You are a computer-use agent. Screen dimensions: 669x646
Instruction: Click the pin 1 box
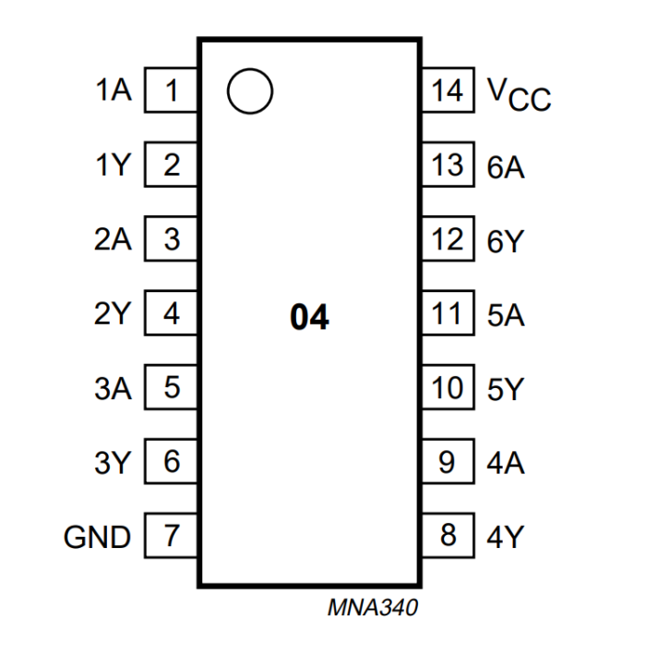tap(172, 91)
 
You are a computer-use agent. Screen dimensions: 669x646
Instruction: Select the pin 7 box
tap(172, 536)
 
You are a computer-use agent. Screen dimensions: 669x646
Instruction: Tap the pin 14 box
tap(448, 91)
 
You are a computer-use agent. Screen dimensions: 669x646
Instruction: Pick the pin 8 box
tap(448, 536)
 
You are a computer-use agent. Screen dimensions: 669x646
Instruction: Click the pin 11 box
tap(448, 314)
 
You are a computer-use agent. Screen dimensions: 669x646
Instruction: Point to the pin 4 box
tap(172, 314)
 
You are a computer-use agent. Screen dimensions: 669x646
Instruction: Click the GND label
tap(98, 537)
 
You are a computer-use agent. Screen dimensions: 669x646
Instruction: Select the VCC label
tap(518, 93)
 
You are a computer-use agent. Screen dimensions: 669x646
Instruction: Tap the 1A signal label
tap(114, 91)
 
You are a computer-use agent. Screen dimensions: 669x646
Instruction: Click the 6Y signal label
tap(506, 240)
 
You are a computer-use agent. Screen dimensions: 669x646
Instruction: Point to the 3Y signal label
tap(114, 462)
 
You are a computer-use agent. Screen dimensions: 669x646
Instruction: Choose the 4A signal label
tap(506, 462)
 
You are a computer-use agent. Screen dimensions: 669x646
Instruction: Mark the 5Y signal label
tap(506, 388)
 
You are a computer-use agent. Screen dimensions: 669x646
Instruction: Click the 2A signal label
tap(114, 240)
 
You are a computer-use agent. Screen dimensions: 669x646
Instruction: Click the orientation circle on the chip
tap(249, 91)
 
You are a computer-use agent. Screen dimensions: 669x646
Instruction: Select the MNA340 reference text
tap(372, 608)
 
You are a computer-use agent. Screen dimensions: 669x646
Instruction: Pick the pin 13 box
tap(448, 166)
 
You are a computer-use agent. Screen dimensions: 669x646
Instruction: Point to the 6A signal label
tap(506, 167)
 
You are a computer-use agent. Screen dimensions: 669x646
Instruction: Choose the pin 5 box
tap(172, 388)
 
